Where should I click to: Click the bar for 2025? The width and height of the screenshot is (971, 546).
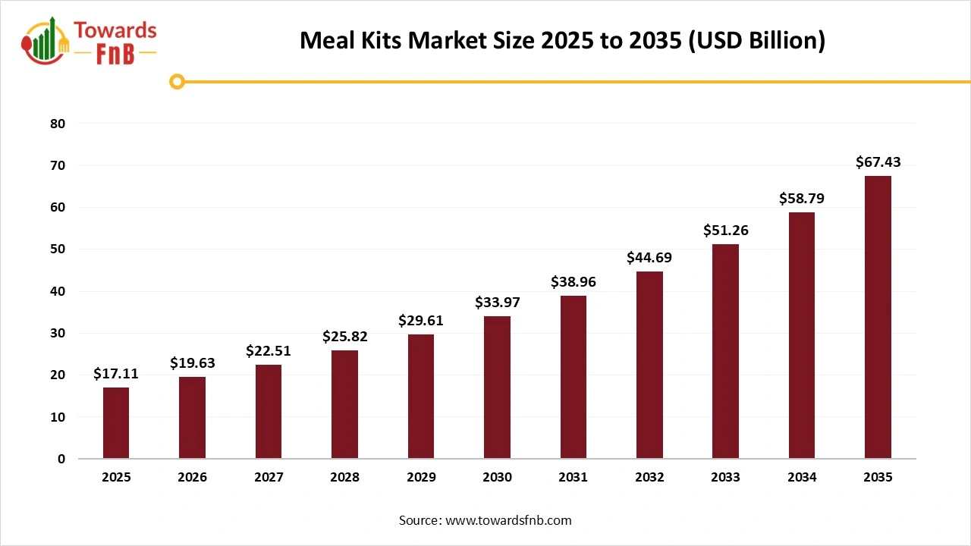click(116, 423)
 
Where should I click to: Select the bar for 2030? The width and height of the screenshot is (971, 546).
click(497, 388)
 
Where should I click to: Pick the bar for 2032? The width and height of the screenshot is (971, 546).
click(649, 365)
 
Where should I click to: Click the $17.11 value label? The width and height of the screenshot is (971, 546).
click(116, 373)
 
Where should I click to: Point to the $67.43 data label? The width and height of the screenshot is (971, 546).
click(878, 162)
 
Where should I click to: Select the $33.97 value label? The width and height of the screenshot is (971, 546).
click(497, 303)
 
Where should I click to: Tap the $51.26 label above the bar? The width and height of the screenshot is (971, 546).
click(725, 230)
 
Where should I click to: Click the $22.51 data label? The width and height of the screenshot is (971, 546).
click(269, 350)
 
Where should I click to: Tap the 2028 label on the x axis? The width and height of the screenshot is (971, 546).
click(344, 478)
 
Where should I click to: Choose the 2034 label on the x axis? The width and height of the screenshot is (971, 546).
click(802, 478)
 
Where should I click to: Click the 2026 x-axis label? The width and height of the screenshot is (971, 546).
click(193, 478)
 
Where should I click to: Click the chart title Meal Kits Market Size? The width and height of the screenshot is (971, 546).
click(562, 39)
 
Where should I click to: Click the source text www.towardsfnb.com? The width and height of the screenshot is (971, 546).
click(485, 520)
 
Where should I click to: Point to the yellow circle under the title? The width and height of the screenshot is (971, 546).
click(177, 81)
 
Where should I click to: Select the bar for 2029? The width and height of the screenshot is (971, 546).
click(421, 397)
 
